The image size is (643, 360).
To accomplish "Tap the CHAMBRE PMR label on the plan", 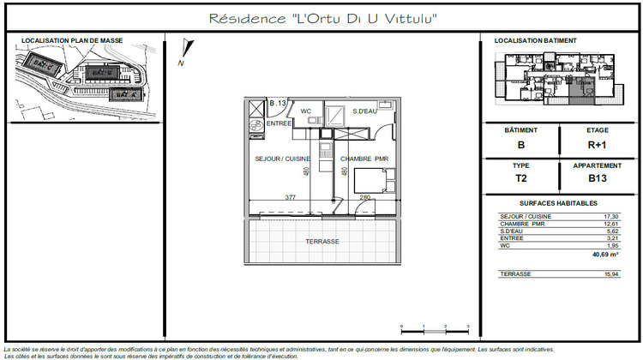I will coord(364,159).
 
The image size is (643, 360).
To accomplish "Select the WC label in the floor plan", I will coord(305,111).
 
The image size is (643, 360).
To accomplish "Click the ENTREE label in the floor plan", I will coord(280,123).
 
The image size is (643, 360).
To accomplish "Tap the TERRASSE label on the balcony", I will coord(322,242).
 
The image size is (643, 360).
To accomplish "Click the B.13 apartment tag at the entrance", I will coord(277,104).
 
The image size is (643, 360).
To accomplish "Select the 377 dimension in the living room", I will coord(290,198).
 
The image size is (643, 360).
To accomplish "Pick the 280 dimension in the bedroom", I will coord(365,198).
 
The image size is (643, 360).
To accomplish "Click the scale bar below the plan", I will coord(434,329).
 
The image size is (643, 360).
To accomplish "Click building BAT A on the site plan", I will coord(124,93).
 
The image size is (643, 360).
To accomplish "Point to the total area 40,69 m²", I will coord(605,255).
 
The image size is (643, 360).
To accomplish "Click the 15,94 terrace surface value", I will coord(610,273).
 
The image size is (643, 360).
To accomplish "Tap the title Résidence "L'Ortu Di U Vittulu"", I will coord(323,18).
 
